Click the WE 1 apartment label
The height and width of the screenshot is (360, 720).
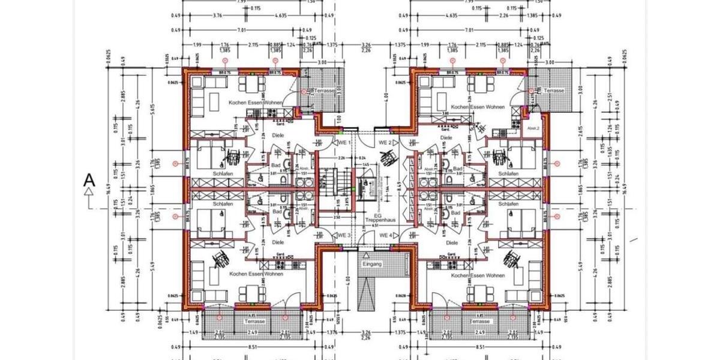tap(343, 143)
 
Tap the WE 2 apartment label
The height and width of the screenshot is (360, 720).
tap(385, 142)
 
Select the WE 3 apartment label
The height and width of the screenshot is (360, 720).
tap(344, 235)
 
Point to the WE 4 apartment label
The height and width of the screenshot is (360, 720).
tap(385, 235)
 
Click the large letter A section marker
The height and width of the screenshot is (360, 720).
tap(89, 179)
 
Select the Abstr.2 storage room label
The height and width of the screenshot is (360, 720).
tap(533, 128)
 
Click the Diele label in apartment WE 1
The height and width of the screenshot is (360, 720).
tap(277, 136)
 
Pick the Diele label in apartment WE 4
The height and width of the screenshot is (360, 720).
tap(452, 242)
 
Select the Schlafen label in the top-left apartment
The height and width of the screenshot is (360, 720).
tap(223, 173)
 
